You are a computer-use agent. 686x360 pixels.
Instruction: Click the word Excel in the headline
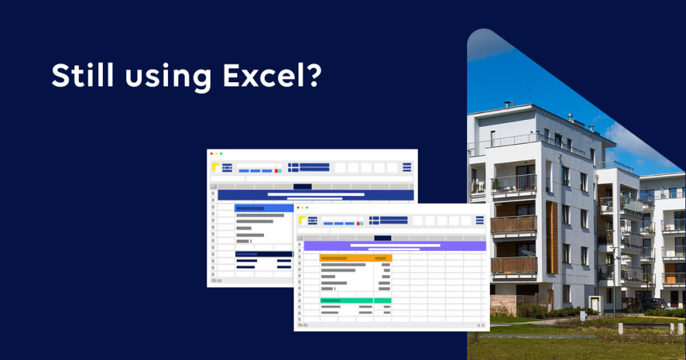tap(260, 75)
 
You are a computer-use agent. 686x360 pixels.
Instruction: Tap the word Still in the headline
tap(83, 75)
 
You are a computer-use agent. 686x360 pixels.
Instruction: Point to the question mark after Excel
tap(311, 75)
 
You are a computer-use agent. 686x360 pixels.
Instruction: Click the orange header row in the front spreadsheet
tap(355, 259)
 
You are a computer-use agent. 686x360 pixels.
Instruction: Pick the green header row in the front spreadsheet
tap(355, 300)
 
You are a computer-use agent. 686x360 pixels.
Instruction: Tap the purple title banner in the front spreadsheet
tap(394, 246)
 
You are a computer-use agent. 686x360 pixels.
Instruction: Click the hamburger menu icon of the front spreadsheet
tap(480, 220)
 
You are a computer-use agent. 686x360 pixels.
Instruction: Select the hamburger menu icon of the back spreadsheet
tap(407, 167)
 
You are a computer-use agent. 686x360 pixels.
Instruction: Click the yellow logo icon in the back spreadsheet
tap(215, 167)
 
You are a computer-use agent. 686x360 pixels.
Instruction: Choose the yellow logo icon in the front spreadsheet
tap(302, 220)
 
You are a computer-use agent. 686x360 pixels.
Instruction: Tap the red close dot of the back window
tap(212, 154)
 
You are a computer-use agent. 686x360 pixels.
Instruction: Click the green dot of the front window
tap(307, 208)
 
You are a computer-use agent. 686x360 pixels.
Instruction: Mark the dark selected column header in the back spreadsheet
tap(303, 187)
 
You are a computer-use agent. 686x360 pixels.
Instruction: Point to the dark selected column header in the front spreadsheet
tap(382, 239)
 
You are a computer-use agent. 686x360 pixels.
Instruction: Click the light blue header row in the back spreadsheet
tap(264, 208)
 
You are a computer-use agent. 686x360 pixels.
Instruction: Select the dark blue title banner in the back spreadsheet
tap(316, 195)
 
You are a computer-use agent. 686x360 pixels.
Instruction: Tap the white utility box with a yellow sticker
tap(595, 304)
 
